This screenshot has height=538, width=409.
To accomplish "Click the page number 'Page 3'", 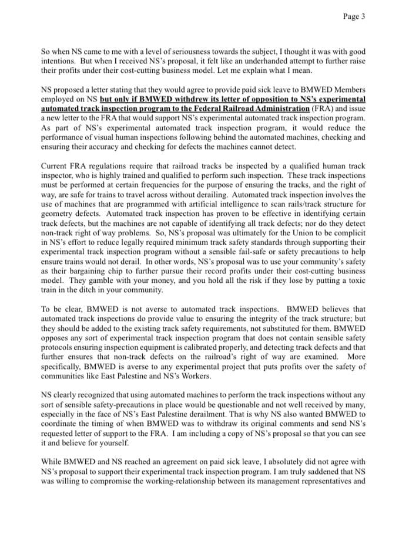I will tap(354, 17).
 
